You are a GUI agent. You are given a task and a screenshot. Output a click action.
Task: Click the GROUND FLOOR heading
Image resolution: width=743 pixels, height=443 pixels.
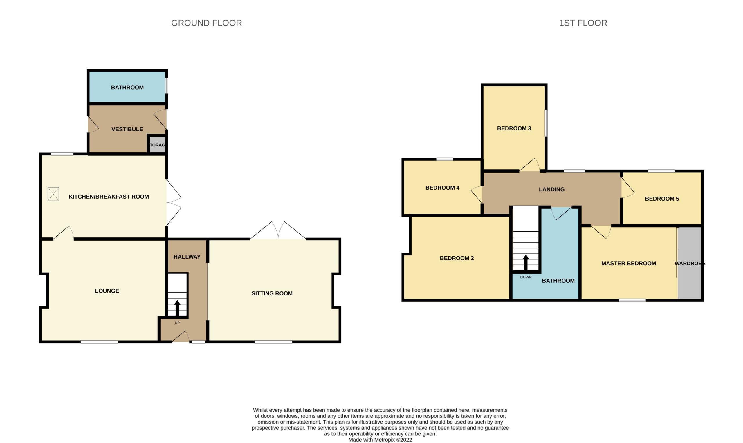pos(206,23)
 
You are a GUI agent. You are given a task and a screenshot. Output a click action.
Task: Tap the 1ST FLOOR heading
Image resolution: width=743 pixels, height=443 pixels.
pos(583,23)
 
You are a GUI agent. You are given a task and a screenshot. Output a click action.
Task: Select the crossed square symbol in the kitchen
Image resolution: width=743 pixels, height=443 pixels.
pos(53,194)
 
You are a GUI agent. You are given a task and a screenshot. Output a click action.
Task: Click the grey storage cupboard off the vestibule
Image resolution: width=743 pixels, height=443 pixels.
pos(157,145)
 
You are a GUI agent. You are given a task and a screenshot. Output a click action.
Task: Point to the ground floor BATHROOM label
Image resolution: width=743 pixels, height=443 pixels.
pos(127,88)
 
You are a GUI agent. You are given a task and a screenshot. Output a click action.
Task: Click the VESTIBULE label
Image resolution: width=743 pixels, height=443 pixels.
pos(127,129)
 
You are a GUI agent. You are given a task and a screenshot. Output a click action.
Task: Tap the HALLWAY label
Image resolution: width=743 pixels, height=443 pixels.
pos(187,257)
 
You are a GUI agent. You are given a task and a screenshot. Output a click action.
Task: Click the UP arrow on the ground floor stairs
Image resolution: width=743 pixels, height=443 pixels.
pos(177,308)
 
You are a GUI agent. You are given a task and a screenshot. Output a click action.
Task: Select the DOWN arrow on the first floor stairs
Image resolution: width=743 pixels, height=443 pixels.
pos(526,263)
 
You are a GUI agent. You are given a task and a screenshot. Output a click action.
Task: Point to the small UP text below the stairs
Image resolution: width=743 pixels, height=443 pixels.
pos(177,323)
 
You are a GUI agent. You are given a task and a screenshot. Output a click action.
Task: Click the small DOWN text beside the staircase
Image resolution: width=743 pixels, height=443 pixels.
pos(526,277)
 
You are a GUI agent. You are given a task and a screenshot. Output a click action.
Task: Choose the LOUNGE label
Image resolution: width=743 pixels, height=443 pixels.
pos(107,291)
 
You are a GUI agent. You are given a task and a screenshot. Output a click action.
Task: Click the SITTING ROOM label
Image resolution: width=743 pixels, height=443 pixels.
pos(272,293)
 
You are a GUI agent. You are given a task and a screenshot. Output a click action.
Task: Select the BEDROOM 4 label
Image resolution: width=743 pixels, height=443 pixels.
pos(442,188)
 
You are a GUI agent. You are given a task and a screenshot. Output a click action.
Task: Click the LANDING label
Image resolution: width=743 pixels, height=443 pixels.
pos(551,189)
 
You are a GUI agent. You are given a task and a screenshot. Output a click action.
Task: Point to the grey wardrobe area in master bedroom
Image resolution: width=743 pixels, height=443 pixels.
pos(690,263)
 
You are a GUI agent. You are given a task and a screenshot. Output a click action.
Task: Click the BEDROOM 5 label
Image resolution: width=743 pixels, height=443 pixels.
pos(662,199)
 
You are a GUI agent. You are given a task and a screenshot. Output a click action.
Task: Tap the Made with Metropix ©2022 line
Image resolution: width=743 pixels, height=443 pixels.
pos(380,440)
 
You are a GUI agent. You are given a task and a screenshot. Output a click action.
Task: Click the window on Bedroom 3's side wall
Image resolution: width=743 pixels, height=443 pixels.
pos(546,123)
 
